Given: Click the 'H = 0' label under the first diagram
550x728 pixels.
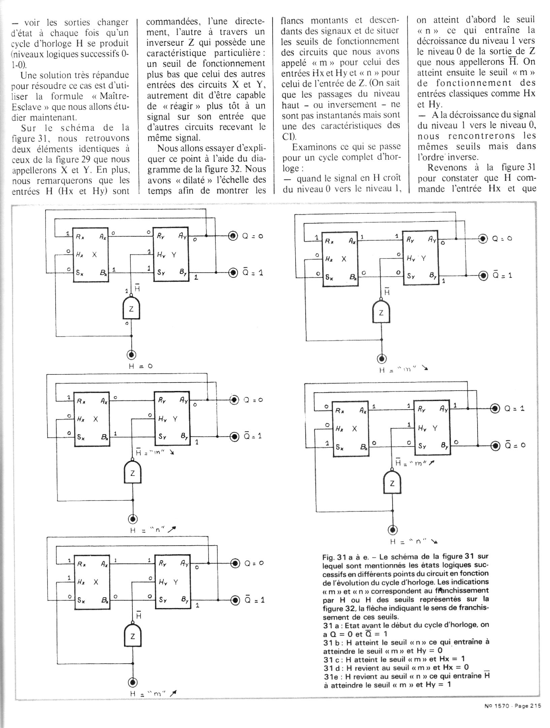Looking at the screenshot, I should pyautogui.click(x=141, y=366).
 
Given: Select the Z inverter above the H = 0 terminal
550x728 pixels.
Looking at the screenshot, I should pyautogui.click(x=131, y=308).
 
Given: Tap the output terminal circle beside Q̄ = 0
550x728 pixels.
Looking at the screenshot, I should pyautogui.click(x=495, y=446).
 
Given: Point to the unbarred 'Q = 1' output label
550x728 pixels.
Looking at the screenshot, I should pyautogui.click(x=514, y=409).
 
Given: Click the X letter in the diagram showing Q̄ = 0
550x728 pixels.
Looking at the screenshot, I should pyautogui.click(x=354, y=429).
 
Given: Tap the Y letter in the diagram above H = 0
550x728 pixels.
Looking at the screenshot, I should pyautogui.click(x=174, y=255).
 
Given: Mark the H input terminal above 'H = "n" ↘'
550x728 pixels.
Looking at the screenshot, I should pyautogui.click(x=393, y=530).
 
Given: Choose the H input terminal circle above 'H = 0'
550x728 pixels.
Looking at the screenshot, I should pyautogui.click(x=131, y=355).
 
